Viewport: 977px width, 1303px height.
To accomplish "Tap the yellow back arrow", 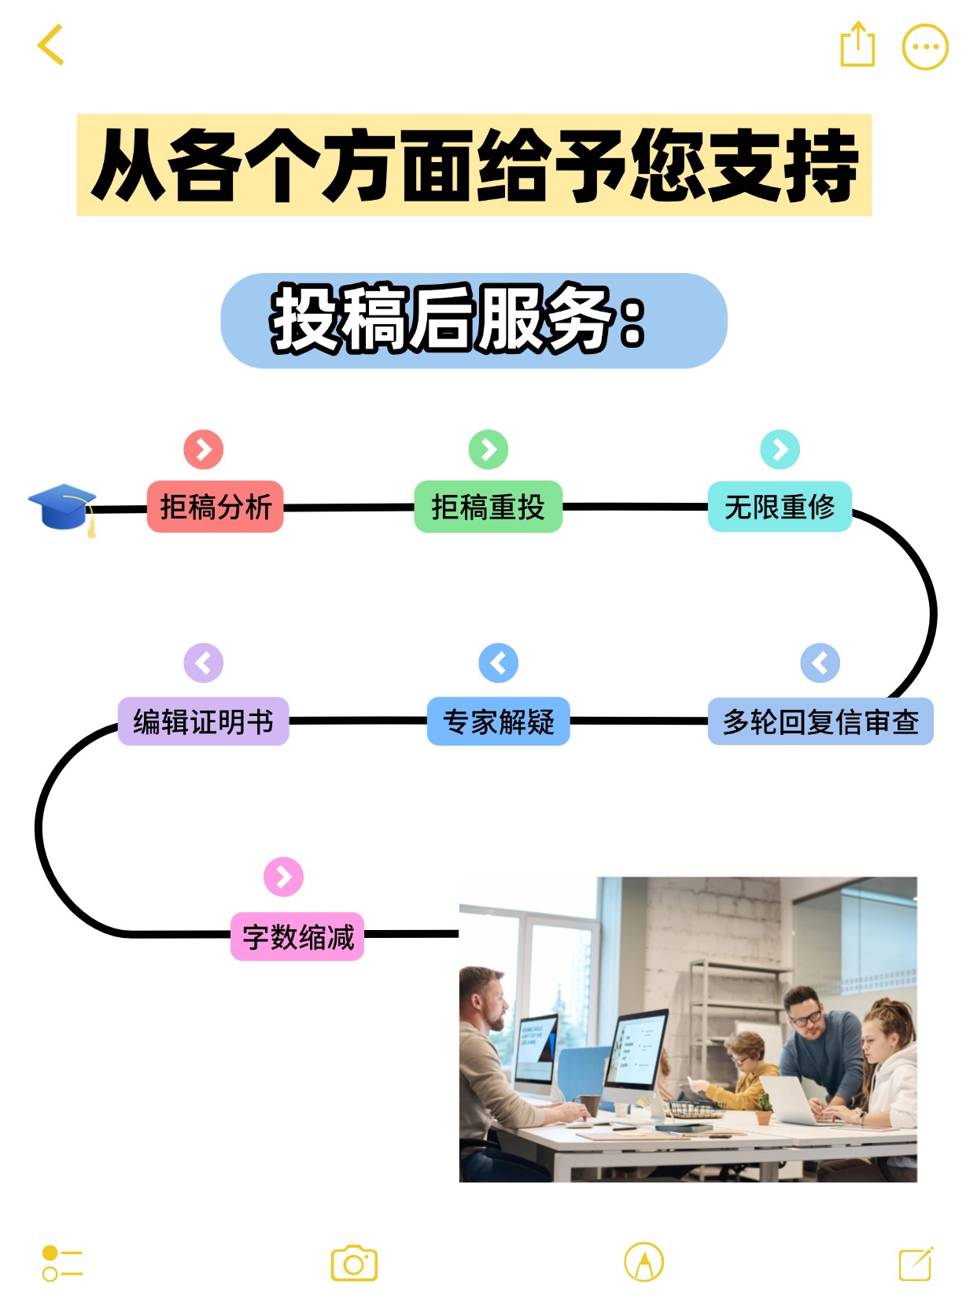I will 50,45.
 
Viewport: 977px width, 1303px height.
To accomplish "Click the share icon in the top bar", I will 857,46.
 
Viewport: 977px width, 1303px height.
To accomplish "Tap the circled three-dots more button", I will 924,47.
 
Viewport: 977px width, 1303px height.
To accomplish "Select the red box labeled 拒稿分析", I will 215,507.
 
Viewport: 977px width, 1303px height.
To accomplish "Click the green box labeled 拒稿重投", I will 488,507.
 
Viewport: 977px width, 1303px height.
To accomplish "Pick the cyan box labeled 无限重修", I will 779,507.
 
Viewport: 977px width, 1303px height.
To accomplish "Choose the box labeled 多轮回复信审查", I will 820,722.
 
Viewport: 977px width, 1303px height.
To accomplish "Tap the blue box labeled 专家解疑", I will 498,722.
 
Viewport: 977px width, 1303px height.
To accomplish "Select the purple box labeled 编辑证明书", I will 203,722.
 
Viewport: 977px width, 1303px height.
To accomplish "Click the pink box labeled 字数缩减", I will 297,936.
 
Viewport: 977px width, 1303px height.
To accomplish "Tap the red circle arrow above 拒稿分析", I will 204,449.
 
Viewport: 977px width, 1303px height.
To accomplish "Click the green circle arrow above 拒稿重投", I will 489,449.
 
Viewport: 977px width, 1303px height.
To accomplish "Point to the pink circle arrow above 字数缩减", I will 283,877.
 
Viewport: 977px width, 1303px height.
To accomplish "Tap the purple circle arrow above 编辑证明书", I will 203,663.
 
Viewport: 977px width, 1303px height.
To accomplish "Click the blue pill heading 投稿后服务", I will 474,320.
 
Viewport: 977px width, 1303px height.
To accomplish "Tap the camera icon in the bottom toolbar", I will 354,1264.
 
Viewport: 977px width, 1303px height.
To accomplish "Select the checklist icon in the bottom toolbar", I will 62,1264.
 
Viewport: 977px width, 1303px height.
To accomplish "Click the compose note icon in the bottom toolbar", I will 916,1264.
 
